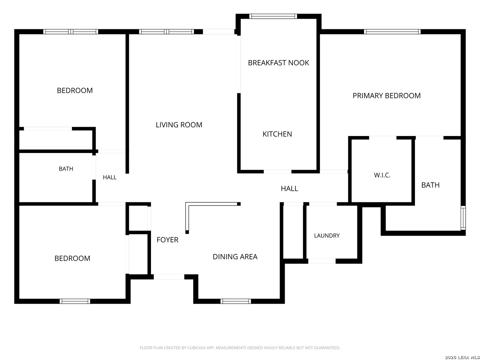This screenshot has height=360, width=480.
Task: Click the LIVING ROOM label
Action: (x=179, y=125)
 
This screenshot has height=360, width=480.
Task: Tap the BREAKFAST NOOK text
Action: (x=278, y=63)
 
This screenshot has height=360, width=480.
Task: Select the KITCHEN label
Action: (x=277, y=134)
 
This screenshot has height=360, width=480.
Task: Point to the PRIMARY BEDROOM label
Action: (x=386, y=96)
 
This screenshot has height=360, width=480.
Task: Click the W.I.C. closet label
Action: (x=382, y=175)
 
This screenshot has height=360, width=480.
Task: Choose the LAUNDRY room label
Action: (x=327, y=235)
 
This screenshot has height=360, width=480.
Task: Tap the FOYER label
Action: (x=167, y=240)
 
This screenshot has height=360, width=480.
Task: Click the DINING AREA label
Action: (x=235, y=256)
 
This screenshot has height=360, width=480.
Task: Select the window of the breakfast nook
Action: (x=273, y=16)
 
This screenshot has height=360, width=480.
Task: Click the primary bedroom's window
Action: (x=392, y=31)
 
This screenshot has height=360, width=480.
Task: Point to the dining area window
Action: (x=236, y=301)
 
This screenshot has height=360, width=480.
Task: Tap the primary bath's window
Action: (x=463, y=218)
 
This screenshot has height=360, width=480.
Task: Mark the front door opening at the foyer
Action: (x=169, y=277)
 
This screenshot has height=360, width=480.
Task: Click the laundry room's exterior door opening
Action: (x=322, y=261)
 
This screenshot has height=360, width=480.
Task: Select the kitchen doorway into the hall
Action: (x=277, y=172)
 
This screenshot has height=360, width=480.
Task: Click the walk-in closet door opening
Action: (x=382, y=138)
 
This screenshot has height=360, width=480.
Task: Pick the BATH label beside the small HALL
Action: (x=66, y=169)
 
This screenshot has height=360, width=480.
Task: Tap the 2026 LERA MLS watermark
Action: (x=462, y=357)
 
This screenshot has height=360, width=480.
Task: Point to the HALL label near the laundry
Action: (x=289, y=188)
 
